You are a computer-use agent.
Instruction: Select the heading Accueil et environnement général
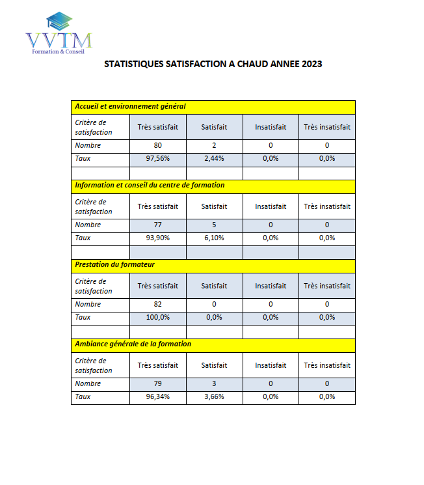pos(130,106)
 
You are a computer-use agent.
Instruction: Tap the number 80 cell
pos(157,145)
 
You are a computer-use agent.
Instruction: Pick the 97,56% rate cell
pos(157,158)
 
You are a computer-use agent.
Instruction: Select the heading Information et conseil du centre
pos(150,186)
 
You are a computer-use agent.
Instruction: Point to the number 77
pos(157,225)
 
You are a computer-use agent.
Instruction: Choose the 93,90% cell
pos(157,238)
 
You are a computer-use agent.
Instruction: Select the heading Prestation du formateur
pos(114,265)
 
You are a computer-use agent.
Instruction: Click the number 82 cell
pos(157,304)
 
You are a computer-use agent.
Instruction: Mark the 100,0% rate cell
pos(157,317)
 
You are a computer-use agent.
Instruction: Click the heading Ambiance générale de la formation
pos(133,344)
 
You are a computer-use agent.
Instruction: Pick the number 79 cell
pos(157,383)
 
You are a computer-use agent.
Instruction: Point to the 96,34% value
pos(157,396)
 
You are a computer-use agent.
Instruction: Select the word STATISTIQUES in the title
pos(133,64)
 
